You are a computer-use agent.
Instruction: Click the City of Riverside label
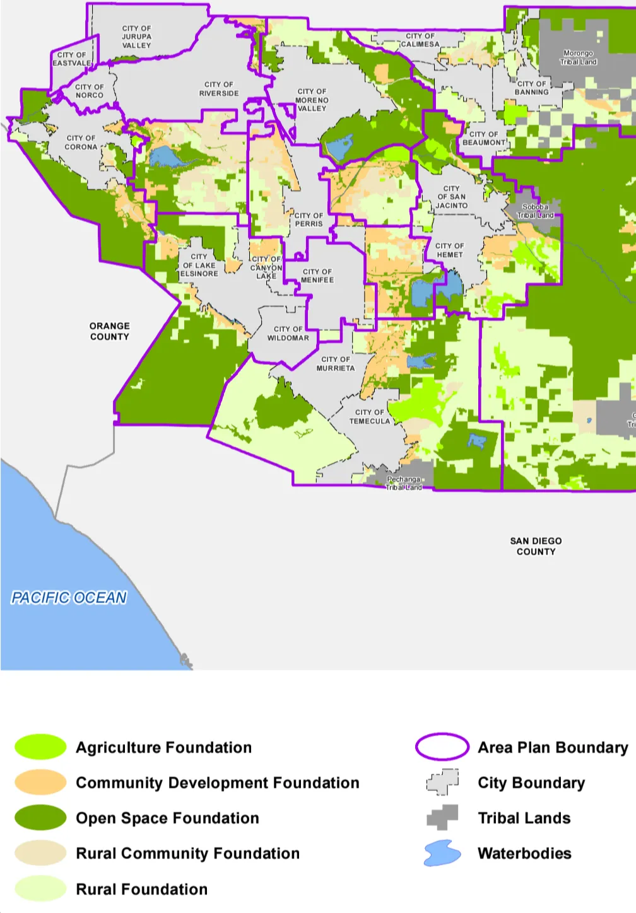[219, 89]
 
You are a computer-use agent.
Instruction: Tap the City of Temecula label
[370, 417]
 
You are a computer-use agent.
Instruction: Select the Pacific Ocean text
[69, 598]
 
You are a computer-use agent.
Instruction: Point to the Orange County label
[110, 332]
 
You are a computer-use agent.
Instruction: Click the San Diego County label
[536, 546]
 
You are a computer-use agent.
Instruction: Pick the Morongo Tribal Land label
[579, 57]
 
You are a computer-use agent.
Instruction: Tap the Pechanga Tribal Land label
[404, 484]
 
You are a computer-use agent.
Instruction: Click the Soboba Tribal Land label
[535, 211]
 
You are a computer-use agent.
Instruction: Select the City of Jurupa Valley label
[137, 37]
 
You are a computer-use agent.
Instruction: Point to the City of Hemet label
[450, 250]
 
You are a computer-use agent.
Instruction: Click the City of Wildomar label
[288, 334]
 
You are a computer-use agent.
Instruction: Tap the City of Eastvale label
[72, 59]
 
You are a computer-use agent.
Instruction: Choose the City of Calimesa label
[420, 40]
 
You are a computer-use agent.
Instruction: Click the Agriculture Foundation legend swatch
[40, 747]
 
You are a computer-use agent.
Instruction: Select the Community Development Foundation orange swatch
[40, 782]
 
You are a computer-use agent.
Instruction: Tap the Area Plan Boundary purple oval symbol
[442, 747]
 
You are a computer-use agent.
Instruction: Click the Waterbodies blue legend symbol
[442, 853]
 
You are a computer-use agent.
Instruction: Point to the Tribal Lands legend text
[524, 818]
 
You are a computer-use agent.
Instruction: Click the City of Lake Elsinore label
[199, 265]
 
